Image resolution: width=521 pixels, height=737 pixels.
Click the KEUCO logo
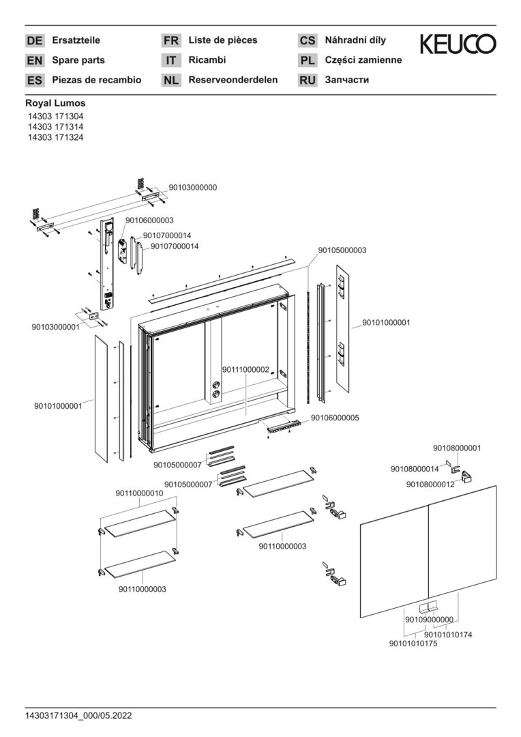(458, 44)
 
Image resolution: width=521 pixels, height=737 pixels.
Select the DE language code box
(34, 41)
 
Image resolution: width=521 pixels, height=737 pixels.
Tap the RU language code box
(308, 81)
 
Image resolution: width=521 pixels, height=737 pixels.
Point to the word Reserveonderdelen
(233, 80)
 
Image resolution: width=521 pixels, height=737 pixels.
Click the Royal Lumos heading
(55, 103)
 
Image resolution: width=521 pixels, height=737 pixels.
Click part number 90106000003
(149, 220)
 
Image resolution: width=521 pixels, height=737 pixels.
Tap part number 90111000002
(246, 369)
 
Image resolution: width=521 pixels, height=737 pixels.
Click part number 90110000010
(139, 493)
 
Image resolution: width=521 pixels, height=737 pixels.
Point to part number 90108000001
(457, 448)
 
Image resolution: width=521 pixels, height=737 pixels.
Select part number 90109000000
(429, 620)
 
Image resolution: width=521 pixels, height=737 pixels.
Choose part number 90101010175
(413, 644)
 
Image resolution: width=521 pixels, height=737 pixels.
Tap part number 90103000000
(193, 187)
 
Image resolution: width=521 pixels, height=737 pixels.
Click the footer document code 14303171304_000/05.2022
(78, 716)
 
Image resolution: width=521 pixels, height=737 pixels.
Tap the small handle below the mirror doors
(429, 607)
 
